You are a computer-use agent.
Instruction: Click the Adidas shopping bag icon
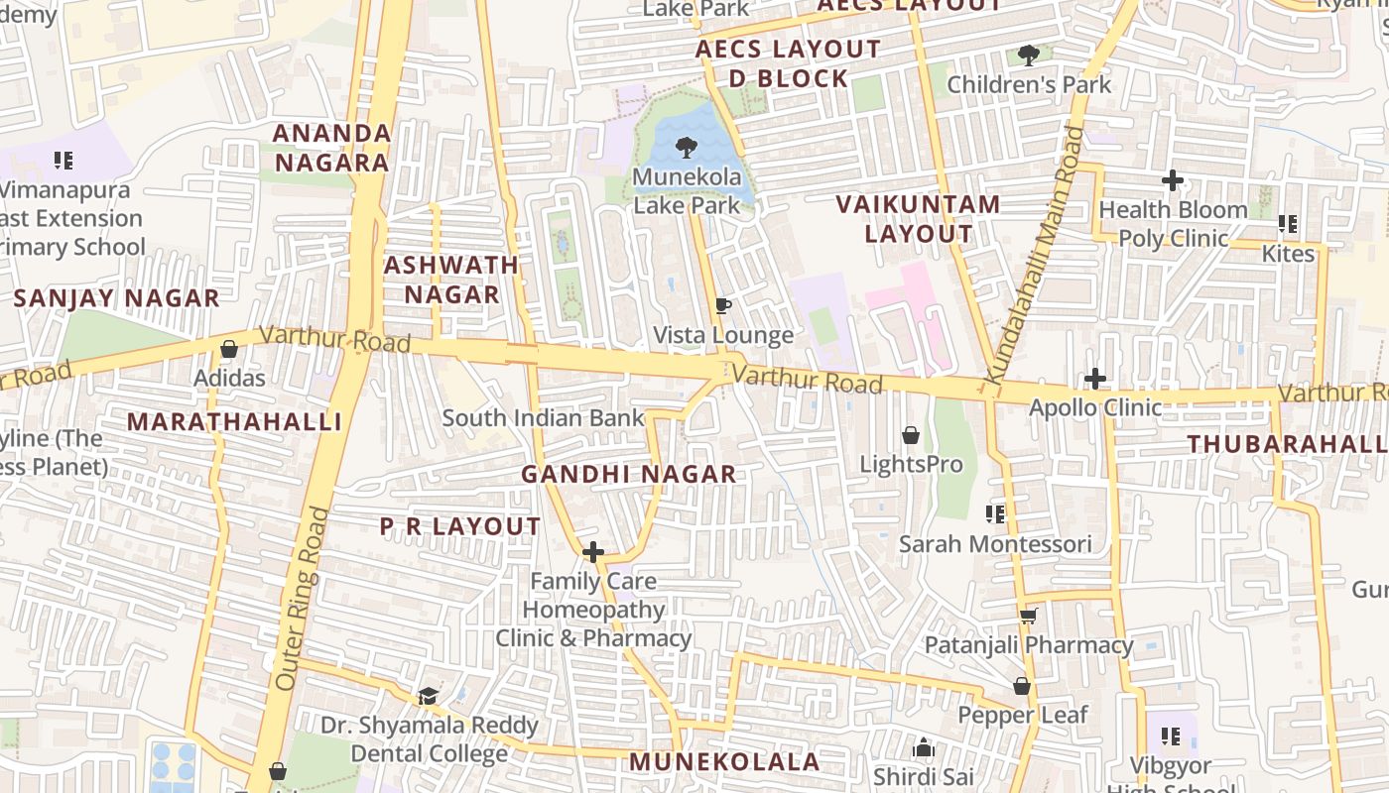point(229,349)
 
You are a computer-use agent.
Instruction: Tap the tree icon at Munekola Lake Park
point(685,149)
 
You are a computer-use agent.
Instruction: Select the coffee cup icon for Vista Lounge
point(723,305)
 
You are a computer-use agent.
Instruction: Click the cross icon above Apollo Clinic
point(1095,379)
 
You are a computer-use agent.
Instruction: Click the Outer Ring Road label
point(302,599)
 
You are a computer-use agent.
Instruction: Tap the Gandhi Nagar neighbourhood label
point(629,474)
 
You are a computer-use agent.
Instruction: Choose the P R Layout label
point(460,526)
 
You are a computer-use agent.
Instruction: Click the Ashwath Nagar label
point(451,280)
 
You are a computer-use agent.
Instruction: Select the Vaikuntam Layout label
point(918,219)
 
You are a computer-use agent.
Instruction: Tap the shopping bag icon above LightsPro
point(910,435)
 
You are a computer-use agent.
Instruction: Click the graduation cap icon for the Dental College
point(428,696)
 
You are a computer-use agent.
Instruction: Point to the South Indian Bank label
point(543,417)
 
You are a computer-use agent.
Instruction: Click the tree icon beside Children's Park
point(1029,55)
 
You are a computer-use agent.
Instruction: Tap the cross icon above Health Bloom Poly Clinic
point(1173,180)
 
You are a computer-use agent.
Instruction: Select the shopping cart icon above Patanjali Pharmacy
point(1028,616)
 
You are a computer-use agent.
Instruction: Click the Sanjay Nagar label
point(117,298)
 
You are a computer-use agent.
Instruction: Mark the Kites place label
point(1288,254)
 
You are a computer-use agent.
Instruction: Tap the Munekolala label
point(724,761)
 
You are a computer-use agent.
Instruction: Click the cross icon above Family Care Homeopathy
point(593,552)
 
